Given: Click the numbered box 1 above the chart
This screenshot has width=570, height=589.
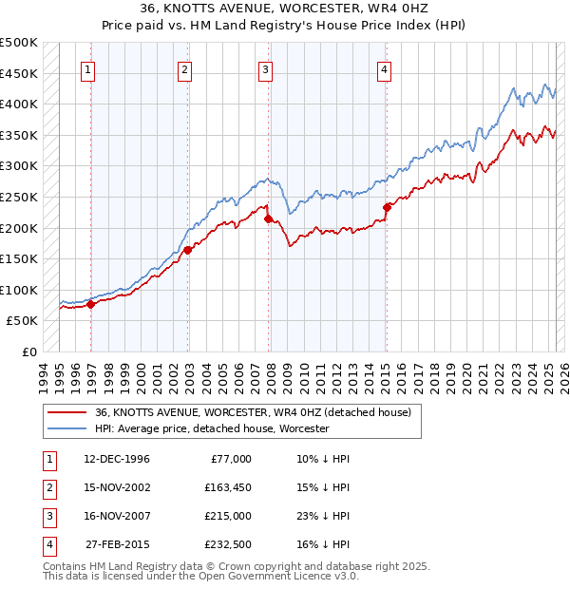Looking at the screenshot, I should click(x=87, y=68).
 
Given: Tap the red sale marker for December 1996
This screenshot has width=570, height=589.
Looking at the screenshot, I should click(x=91, y=304).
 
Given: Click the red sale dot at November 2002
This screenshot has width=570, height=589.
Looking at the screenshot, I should click(x=188, y=250).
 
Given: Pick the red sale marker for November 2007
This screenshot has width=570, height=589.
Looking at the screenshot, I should click(x=269, y=218).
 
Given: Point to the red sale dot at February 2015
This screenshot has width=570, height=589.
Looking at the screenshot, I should click(x=387, y=207).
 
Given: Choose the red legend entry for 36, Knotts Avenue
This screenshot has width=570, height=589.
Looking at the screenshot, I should click(x=253, y=413).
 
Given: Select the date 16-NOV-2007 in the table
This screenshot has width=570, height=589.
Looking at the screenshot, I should click(x=116, y=516).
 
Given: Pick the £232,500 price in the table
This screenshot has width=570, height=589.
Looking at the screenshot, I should click(x=227, y=545).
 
